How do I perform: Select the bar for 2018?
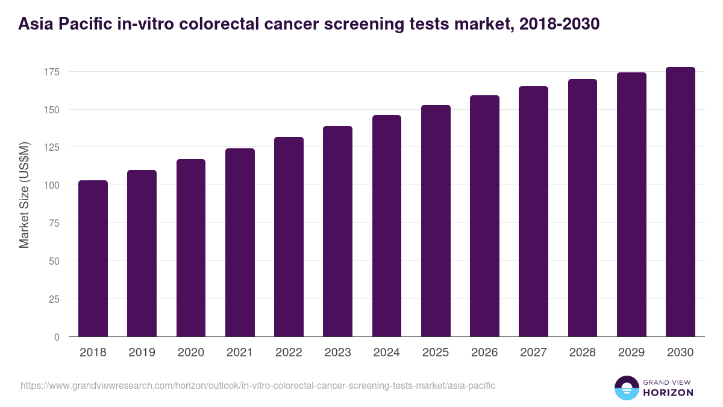(x=93, y=259)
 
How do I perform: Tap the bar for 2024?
(x=387, y=226)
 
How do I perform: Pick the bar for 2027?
(x=533, y=212)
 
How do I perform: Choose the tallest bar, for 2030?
(x=680, y=202)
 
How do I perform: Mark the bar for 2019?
(x=142, y=254)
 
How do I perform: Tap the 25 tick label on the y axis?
(x=54, y=299)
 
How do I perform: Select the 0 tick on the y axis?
(x=57, y=337)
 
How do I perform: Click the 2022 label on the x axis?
(x=289, y=353)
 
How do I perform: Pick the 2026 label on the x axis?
(x=484, y=353)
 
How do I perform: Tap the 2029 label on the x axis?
(x=631, y=353)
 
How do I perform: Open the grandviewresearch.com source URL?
(x=258, y=385)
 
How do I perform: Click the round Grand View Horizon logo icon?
(x=626, y=388)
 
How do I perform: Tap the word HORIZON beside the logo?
(x=668, y=393)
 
